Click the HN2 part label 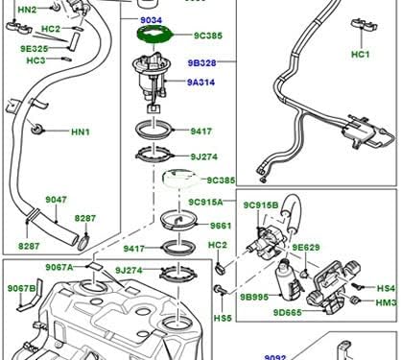[x=27, y=10]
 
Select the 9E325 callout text [x=35, y=47]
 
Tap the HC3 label [x=35, y=60]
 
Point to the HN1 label [x=80, y=131]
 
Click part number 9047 [x=57, y=200]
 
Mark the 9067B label [x=21, y=288]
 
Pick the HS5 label [x=222, y=318]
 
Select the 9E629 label [x=305, y=248]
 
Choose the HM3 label [x=386, y=303]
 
